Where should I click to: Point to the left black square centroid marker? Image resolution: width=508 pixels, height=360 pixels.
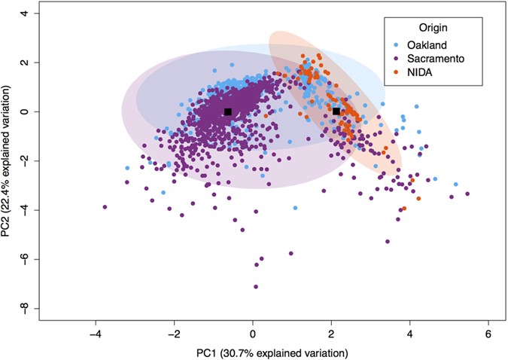click(x=227, y=111)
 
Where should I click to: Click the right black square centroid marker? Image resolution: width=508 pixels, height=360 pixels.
click(x=336, y=111)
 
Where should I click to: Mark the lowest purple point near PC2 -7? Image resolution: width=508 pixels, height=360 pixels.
click(x=256, y=286)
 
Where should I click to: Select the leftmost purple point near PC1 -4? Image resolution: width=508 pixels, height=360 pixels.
click(x=105, y=206)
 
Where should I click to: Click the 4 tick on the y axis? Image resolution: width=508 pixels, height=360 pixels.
click(x=26, y=14)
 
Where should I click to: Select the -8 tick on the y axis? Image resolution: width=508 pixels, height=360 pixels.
click(x=26, y=308)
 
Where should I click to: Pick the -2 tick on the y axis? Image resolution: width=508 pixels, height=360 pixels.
click(x=26, y=160)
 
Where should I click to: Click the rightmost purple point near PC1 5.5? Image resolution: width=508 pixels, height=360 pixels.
click(x=467, y=194)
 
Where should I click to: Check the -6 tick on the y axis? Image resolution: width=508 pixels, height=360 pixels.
click(x=26, y=259)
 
